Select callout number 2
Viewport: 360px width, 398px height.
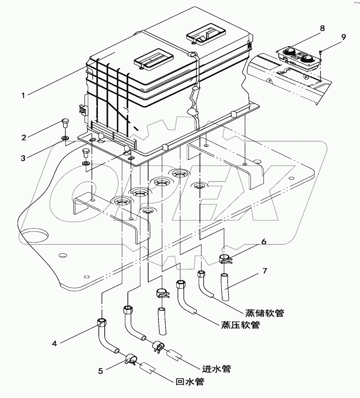pyautogui.click(x=24, y=137)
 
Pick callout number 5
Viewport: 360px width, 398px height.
pyautogui.click(x=101, y=371)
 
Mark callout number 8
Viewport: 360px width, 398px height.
pyautogui.click(x=322, y=28)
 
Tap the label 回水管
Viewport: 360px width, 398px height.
pyautogui.click(x=190, y=382)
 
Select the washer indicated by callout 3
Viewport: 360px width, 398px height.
pyautogui.click(x=64, y=138)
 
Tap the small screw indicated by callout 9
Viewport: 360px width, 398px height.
pyautogui.click(x=321, y=51)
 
